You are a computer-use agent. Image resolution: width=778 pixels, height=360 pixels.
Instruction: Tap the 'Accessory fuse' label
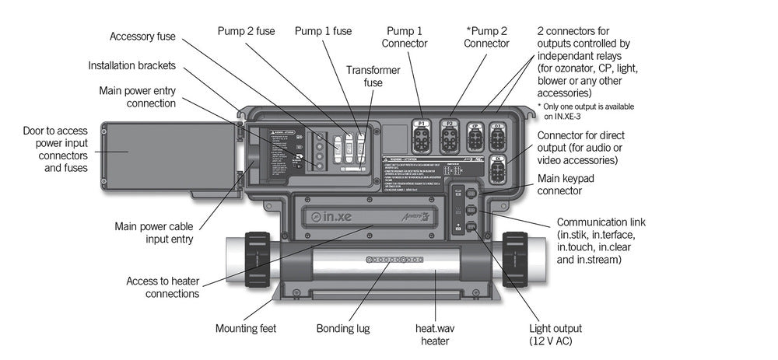coord(142,37)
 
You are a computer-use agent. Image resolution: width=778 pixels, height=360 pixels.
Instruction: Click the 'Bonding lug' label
coord(343,328)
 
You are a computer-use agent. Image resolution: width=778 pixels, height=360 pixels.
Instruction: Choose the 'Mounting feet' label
coord(246,328)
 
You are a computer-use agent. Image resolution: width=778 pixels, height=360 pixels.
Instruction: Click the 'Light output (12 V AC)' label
coord(555,334)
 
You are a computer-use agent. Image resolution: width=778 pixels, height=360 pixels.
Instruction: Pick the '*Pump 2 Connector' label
coord(486,37)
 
